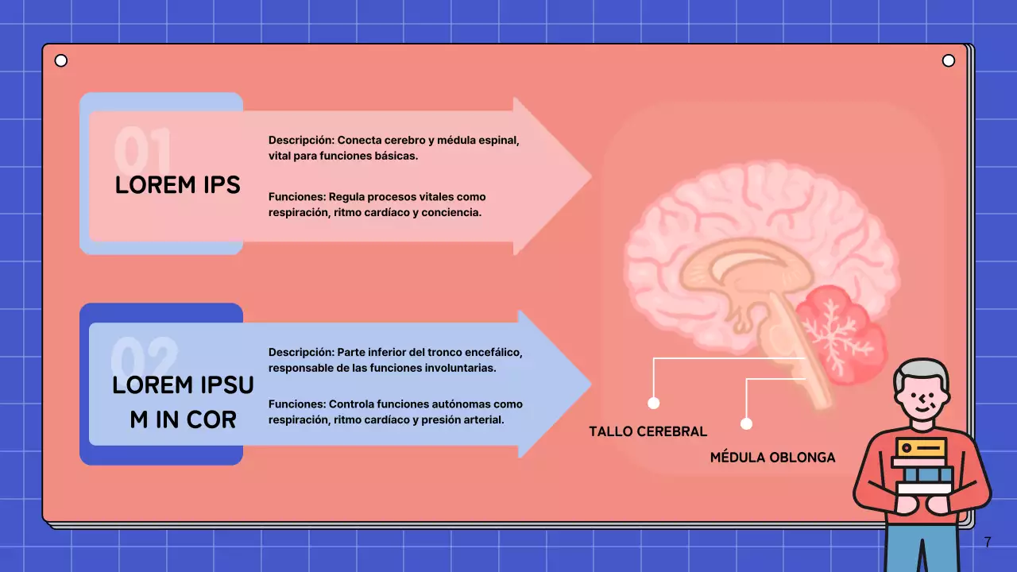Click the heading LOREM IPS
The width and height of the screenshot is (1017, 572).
coord(177,185)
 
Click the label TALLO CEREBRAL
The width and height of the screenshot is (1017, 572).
coord(648,432)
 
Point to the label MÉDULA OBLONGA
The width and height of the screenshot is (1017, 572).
coord(772,458)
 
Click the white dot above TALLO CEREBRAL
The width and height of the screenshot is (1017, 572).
coord(654,403)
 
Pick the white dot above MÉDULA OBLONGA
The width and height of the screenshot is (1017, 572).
coord(746,423)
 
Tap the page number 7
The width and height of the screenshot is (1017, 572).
coord(988,543)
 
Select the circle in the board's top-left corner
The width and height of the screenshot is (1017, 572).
coord(61,61)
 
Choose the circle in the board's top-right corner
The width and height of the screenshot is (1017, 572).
coord(948,61)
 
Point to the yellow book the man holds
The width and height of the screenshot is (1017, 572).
coord(921,448)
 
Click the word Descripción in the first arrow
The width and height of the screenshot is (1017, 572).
coord(300,141)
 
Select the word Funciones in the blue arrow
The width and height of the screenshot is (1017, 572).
coord(296,404)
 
